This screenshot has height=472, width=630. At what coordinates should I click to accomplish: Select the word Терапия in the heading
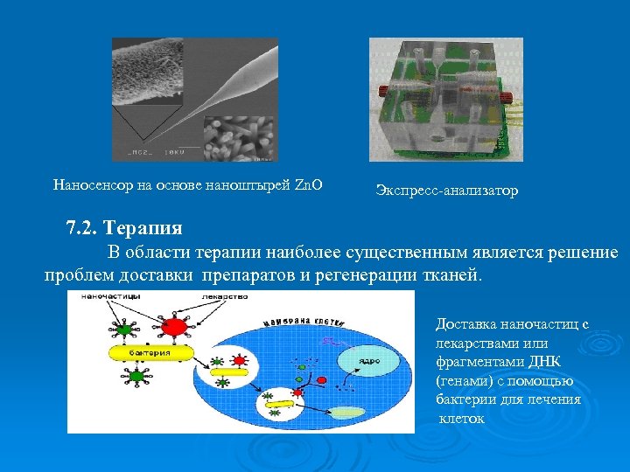point(143,229)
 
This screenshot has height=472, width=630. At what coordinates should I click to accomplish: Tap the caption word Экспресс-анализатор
point(446,190)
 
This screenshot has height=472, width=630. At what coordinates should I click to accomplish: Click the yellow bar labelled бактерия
point(148,351)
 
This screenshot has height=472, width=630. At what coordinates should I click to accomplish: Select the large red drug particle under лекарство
point(177,326)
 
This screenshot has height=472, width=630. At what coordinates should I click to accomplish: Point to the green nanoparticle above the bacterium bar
point(128,330)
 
